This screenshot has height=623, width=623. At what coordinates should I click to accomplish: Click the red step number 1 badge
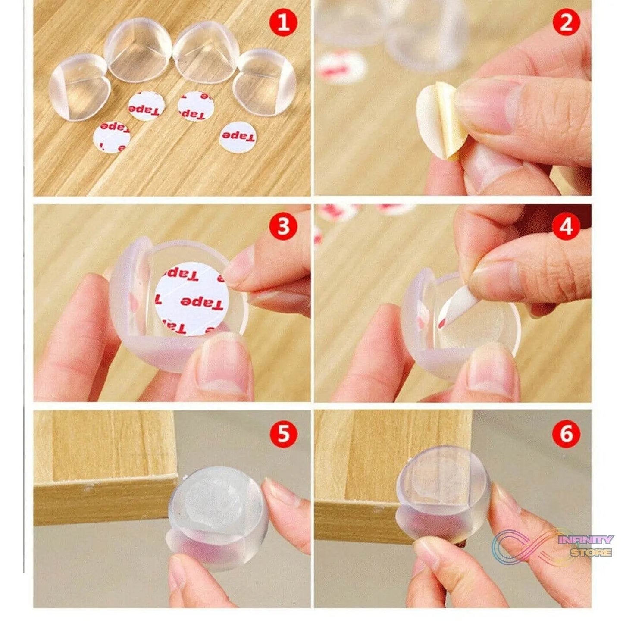pyautogui.click(x=283, y=22)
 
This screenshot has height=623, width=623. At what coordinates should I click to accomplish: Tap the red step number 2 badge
pyautogui.click(x=566, y=22)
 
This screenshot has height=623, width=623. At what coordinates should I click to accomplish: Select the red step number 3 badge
pyautogui.click(x=283, y=226)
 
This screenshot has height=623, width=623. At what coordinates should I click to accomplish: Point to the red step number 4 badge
pyautogui.click(x=566, y=226)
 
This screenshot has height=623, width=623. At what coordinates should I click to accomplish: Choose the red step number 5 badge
pyautogui.click(x=283, y=434)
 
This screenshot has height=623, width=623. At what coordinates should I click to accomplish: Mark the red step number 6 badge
pyautogui.click(x=566, y=434)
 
